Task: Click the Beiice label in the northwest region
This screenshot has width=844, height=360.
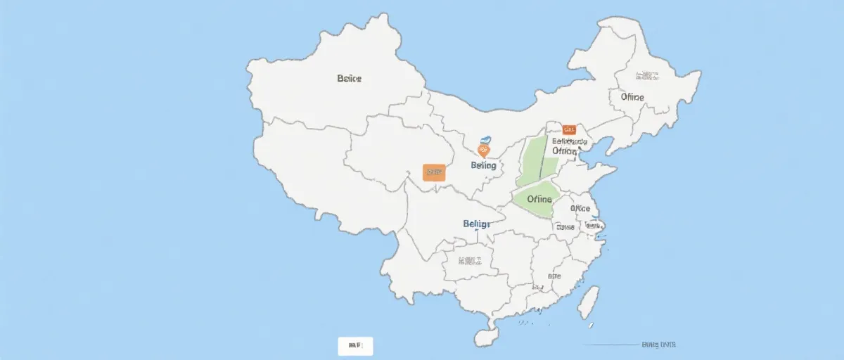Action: [349, 79]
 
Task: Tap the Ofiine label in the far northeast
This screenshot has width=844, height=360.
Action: [632, 97]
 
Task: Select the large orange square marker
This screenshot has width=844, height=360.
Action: [434, 172]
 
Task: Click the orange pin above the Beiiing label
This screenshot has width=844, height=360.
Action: [483, 150]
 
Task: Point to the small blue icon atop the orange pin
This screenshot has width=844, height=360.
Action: [484, 140]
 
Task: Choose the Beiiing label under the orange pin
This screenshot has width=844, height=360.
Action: [483, 165]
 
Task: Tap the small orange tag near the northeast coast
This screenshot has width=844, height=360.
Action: [569, 129]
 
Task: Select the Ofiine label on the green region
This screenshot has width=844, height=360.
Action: [539, 199]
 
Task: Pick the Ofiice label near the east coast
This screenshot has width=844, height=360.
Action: [580, 209]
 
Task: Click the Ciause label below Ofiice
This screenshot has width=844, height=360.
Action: [565, 227]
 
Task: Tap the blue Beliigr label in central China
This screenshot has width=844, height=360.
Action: [477, 224]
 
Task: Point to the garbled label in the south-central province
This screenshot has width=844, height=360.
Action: [471, 261]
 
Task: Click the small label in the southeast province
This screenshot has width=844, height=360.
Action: [554, 276]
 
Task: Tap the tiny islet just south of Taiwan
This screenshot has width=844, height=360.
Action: [591, 325]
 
